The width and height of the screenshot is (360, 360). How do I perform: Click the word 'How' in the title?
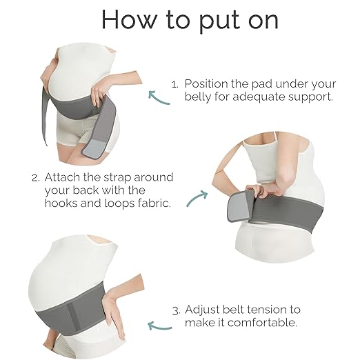click(128, 19)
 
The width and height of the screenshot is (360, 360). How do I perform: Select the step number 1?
click(175, 84)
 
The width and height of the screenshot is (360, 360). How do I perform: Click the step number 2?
click(36, 178)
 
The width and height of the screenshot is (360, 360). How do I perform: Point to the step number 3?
click(177, 311)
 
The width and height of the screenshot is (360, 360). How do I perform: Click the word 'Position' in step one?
click(206, 83)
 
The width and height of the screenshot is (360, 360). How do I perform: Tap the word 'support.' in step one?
click(310, 97)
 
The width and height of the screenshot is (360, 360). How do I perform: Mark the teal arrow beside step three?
click(159, 326)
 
